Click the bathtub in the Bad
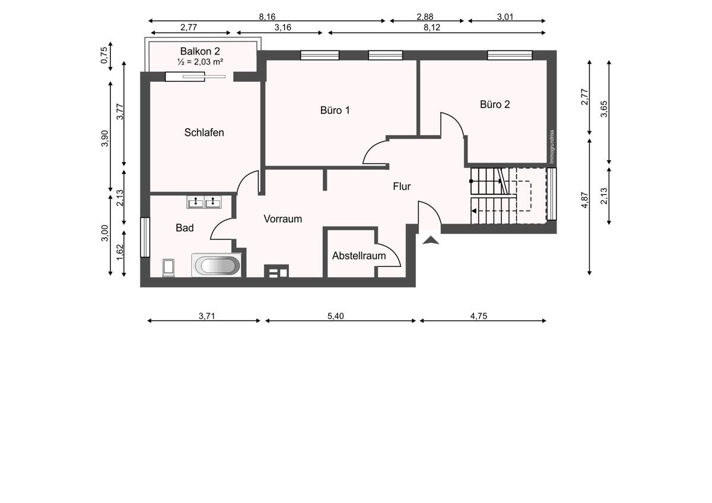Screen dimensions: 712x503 [x=217, y=265]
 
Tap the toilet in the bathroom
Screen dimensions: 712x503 [x=169, y=268]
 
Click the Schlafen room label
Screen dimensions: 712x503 [x=204, y=132]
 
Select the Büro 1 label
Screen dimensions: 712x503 [x=335, y=110]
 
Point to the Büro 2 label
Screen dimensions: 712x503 [x=495, y=104]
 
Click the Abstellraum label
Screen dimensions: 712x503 [x=359, y=256]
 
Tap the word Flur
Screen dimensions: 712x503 [x=402, y=186]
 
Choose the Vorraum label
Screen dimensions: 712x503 [x=282, y=219]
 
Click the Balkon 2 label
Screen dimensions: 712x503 [x=200, y=51]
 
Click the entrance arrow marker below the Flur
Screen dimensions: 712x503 [x=431, y=240]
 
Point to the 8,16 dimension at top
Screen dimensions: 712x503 [x=267, y=17]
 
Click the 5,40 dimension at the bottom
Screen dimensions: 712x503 [x=336, y=316]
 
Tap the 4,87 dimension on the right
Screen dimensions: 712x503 [x=584, y=200]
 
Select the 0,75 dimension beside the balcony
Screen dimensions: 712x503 [x=104, y=55]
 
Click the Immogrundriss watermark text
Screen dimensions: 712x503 [x=552, y=147]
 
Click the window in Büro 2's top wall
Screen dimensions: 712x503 [x=510, y=55]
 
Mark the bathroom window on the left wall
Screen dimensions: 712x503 [x=145, y=237]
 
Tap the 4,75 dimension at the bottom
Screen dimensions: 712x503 [x=479, y=316]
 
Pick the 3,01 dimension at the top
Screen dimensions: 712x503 [x=505, y=17]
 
